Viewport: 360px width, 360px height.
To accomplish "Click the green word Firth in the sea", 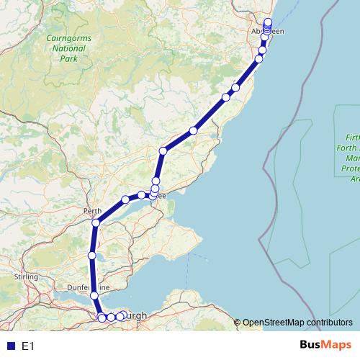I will pos(353,136).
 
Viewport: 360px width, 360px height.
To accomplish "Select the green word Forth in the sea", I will pos(353,146).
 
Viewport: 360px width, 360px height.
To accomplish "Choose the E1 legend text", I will pos(28,346).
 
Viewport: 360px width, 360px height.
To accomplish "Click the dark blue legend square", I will pos(11,346).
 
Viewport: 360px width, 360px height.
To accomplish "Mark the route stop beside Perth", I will pos(95,222).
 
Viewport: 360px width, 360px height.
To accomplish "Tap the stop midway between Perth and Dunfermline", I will pos(91,256).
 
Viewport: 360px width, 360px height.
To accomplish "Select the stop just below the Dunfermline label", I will pos(94,295).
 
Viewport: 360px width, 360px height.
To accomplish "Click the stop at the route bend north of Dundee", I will pos(163,150).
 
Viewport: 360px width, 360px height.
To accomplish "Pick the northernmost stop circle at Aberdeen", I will pos(268,21).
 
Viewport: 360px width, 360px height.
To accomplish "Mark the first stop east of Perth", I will pos(125,199).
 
